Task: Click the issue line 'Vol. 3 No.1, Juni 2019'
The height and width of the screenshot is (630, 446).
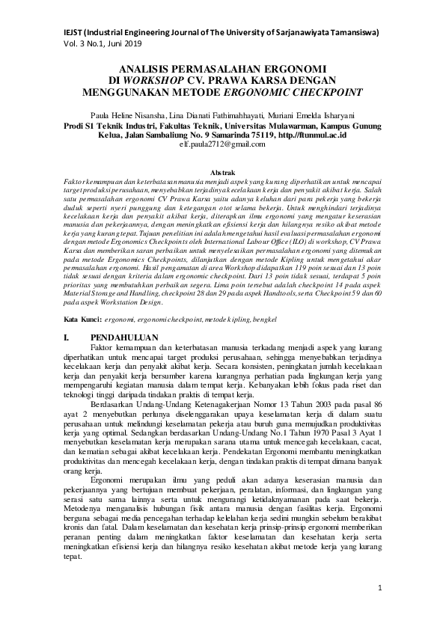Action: [x=103, y=45]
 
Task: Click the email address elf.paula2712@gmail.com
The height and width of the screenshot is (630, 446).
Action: [x=222, y=144]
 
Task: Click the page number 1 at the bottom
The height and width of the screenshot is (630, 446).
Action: [x=380, y=588]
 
